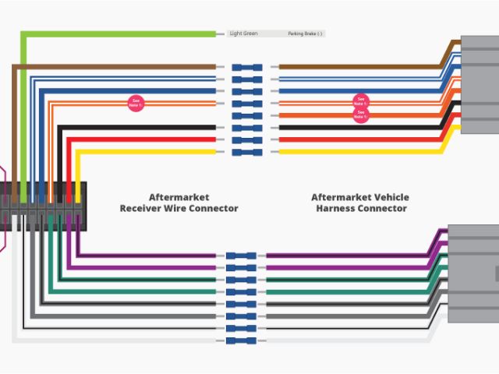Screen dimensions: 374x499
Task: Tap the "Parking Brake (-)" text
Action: click(305, 34)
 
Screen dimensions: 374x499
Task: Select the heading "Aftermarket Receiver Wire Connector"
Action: click(179, 203)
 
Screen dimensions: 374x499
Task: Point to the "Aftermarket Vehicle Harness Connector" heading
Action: click(359, 203)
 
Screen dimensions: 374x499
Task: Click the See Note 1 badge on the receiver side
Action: click(136, 102)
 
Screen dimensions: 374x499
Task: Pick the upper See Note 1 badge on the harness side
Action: click(360, 102)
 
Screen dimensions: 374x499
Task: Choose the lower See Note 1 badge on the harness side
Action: click(360, 115)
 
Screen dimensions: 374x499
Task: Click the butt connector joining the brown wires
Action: click(247, 67)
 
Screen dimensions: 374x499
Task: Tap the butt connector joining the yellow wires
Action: click(247, 151)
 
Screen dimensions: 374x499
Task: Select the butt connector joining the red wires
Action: click(247, 139)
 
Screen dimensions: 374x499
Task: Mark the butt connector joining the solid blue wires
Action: click(247, 91)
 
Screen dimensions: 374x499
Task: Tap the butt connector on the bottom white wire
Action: click(241, 340)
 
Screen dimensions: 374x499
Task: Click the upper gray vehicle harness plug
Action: click(480, 84)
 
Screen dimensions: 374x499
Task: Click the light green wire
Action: click(117, 34)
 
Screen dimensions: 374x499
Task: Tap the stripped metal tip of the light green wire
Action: click(220, 34)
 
